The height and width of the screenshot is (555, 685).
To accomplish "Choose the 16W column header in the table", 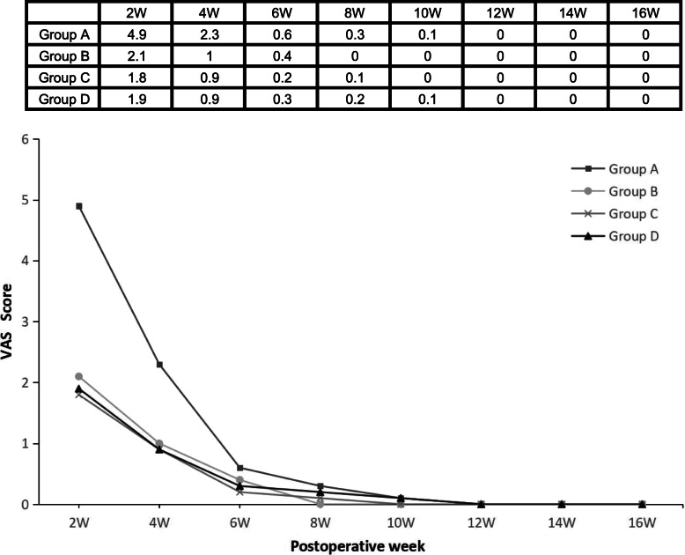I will coord(647,14).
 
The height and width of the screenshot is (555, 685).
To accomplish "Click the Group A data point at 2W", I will coord(78,206).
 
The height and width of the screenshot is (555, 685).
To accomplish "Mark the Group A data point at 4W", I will coord(159,365).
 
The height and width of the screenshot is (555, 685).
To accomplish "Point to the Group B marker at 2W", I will coord(78,376).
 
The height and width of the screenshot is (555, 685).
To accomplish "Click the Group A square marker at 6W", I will coord(239,468).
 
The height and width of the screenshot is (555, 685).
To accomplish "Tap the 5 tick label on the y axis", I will coord(37,200).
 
